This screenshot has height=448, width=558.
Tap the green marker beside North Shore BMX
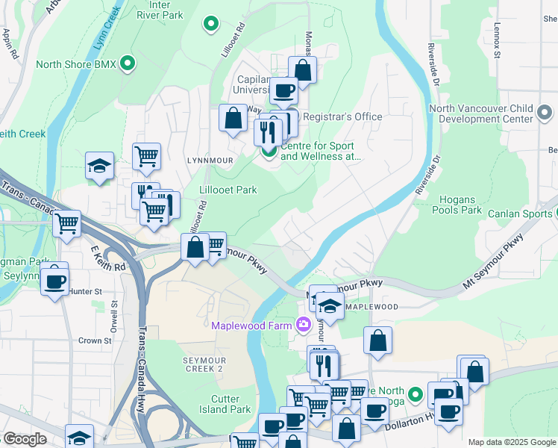pos(128,64)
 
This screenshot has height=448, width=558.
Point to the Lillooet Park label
pos(228,190)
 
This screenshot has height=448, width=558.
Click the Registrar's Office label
pos(342,116)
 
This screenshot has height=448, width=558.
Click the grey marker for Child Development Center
pos(544,113)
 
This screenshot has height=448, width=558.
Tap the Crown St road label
pos(95,340)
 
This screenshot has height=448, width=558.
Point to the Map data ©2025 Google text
pos(511,442)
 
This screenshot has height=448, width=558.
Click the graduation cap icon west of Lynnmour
pos(99,166)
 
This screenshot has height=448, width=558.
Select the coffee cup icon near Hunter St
pos(54,281)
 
